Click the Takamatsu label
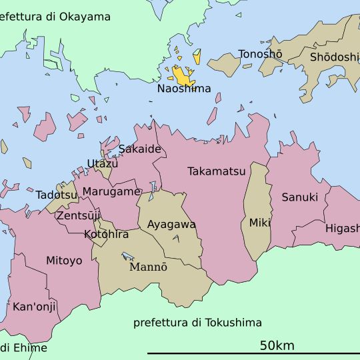click(217, 171)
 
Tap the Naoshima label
click(184, 89)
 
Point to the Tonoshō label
click(260, 54)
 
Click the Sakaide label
click(140, 149)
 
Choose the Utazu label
click(103, 163)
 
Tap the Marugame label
click(111, 191)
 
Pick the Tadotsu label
click(57, 195)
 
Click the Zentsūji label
click(78, 216)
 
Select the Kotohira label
click(107, 235)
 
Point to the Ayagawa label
click(171, 225)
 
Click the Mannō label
click(148, 267)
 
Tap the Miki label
click(260, 223)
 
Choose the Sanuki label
click(299, 197)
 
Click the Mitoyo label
click(64, 261)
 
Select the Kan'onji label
click(35, 307)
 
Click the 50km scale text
click(277, 345)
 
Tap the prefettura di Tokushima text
click(197, 323)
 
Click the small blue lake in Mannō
click(128, 256)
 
